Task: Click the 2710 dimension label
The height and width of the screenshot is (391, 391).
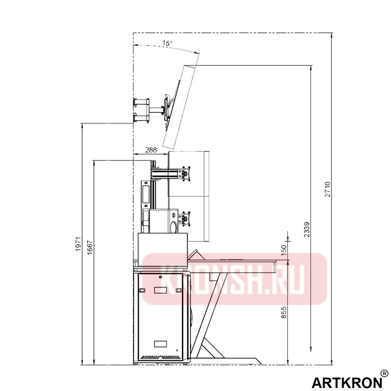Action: coord(327,189)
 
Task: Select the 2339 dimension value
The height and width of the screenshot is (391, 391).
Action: coord(307,229)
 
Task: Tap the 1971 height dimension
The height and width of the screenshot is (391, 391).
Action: coord(79,244)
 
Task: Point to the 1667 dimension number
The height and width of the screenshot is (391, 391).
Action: coord(90,247)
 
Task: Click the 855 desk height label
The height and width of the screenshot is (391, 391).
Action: coord(284,312)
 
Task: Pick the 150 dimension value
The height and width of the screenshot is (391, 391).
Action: coord(284,250)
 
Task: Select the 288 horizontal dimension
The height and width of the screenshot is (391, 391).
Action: coord(151,150)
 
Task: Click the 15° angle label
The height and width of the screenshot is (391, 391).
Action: coord(167,43)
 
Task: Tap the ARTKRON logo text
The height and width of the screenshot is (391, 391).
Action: coord(347,382)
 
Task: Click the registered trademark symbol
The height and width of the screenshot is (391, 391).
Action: coord(385,373)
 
